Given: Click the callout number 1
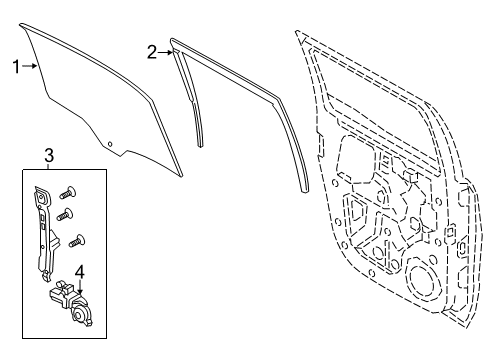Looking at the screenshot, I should (16, 66).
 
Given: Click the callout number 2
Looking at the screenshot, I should (152, 52).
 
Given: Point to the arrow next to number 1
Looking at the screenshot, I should (33, 66).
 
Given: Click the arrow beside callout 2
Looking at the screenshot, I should (167, 51).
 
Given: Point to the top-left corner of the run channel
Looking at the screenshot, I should (175, 43).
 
